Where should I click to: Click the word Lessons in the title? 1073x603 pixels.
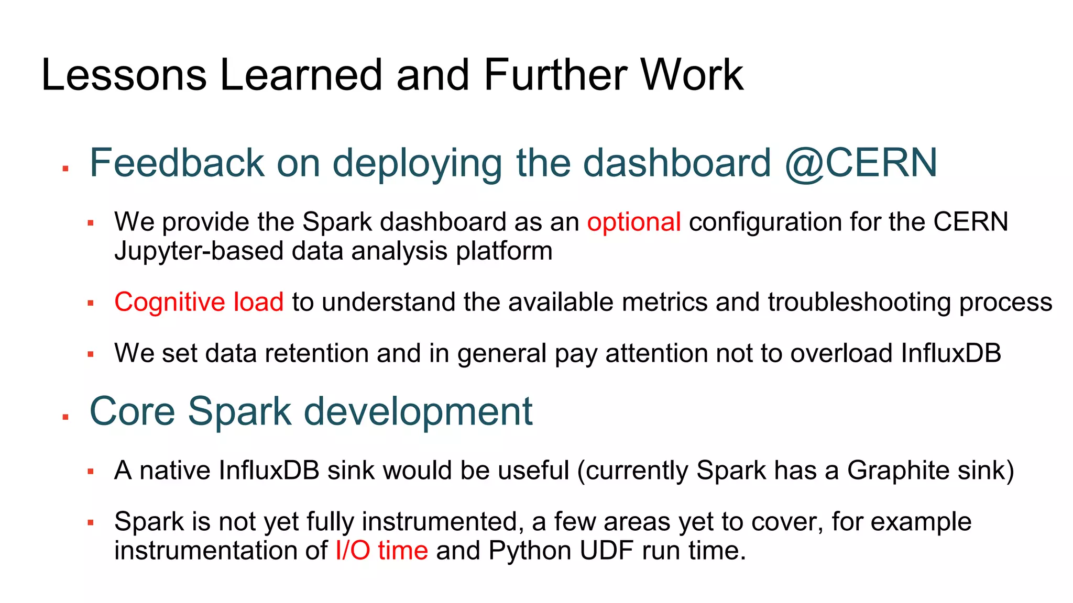point(124,75)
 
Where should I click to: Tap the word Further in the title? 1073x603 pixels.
point(555,75)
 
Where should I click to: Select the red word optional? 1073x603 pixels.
point(634,222)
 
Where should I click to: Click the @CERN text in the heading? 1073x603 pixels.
point(861,163)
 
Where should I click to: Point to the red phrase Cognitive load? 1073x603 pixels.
point(199,302)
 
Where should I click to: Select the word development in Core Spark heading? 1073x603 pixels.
point(418,411)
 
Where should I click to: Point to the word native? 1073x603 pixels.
point(175,470)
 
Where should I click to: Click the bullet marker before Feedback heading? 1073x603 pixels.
point(65,169)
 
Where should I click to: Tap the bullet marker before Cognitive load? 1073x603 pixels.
point(91,303)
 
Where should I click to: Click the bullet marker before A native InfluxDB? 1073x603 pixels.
point(91,472)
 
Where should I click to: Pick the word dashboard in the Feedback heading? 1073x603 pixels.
point(676,163)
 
